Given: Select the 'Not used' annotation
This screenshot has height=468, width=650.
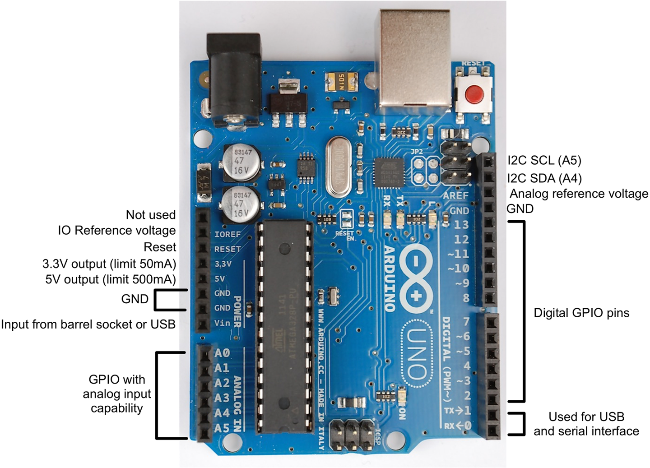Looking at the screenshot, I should [151, 215].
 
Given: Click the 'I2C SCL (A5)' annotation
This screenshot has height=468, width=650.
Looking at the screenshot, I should [544, 161].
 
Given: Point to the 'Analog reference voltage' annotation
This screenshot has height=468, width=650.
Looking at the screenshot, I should [579, 194].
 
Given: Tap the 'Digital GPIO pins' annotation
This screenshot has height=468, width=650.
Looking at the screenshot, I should [581, 313].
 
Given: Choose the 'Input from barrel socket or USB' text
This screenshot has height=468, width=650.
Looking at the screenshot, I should [88, 324].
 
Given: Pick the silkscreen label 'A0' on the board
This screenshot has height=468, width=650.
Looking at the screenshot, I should [222, 352].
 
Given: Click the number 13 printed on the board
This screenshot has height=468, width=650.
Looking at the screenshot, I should [461, 224].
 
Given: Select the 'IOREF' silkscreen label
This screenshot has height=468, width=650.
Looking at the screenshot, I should [227, 234].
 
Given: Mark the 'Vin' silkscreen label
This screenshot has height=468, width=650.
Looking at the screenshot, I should [222, 323].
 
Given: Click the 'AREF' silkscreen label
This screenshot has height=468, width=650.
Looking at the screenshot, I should [455, 195].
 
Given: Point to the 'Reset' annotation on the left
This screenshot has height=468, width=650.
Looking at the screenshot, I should [160, 247].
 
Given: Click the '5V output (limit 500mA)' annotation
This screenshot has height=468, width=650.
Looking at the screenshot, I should [111, 279].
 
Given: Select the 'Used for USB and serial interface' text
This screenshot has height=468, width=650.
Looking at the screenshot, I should [586, 424].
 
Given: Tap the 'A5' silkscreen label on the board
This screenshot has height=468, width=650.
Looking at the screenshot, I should [222, 427].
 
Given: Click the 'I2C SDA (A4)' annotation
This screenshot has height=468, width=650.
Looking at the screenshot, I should [544, 178].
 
